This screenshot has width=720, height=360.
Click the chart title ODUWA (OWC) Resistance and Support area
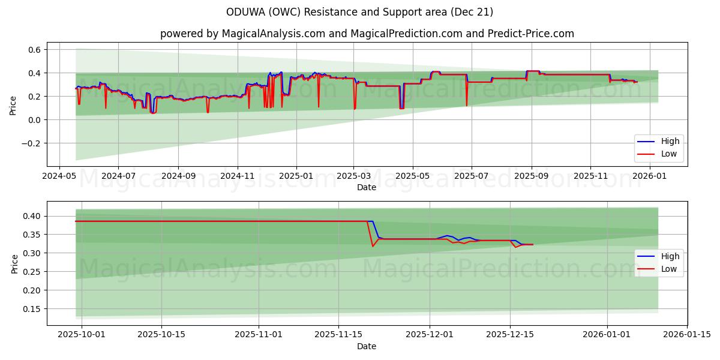point(359,12)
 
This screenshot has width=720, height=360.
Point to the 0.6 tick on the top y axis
point(34,50)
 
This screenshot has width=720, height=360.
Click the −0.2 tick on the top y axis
point(31,143)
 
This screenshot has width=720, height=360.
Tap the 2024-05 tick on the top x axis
point(59,176)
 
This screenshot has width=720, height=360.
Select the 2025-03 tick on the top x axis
point(354,176)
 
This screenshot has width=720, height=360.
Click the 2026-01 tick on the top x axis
point(650,176)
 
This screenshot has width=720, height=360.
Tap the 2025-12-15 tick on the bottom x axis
point(510,335)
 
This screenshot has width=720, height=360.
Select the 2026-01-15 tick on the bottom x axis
point(687,335)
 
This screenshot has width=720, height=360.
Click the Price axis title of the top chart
point(13,104)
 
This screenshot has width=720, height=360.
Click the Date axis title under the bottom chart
point(367,346)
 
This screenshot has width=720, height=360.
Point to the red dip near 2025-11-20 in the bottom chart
point(373,246)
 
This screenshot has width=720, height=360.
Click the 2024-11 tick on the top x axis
point(238,176)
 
